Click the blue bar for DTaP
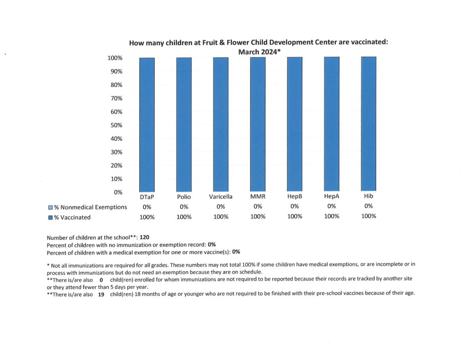click(x=147, y=124)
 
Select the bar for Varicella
click(x=221, y=124)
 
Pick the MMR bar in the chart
click(x=258, y=124)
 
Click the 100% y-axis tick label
click(x=115, y=58)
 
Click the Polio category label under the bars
click(x=184, y=197)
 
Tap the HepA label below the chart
click(x=332, y=197)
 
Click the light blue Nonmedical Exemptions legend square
click(x=50, y=208)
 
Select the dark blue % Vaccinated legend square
click(x=50, y=218)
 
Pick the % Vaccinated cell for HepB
click(x=295, y=217)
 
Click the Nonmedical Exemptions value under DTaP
click(x=147, y=207)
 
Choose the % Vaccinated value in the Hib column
click(x=369, y=216)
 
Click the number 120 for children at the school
click(x=145, y=237)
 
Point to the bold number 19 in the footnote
click(x=101, y=293)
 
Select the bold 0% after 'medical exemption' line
click(x=236, y=251)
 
